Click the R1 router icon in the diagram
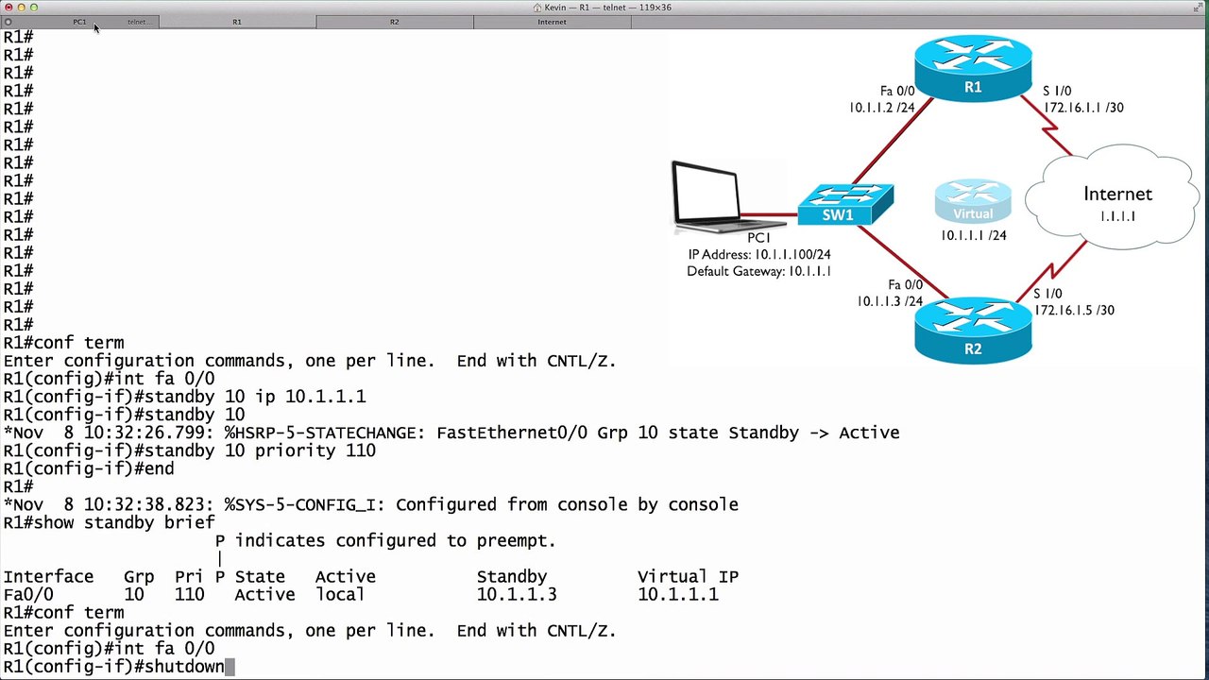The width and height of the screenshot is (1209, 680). click(973, 68)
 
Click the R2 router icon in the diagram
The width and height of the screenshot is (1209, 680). click(973, 331)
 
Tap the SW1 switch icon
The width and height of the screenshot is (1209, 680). click(845, 204)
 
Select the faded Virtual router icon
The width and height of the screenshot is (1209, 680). click(973, 201)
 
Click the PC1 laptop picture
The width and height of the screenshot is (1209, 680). click(726, 197)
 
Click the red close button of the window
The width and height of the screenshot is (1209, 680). click(9, 8)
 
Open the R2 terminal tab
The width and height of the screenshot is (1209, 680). click(395, 22)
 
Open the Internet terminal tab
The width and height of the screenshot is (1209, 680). click(552, 22)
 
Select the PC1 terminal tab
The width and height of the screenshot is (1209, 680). click(79, 22)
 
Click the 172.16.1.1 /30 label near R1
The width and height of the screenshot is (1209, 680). click(1083, 108)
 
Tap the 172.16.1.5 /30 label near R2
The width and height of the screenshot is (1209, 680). click(1074, 311)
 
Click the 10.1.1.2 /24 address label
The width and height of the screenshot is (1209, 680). click(882, 108)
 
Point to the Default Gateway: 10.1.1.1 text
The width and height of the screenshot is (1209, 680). click(758, 271)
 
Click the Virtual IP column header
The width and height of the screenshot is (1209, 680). click(688, 576)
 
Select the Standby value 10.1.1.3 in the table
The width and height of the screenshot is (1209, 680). click(517, 595)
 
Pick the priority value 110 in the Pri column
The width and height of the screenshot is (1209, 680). click(190, 595)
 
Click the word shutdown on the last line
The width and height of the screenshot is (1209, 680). click(184, 667)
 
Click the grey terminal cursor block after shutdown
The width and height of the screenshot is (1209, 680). click(230, 667)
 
